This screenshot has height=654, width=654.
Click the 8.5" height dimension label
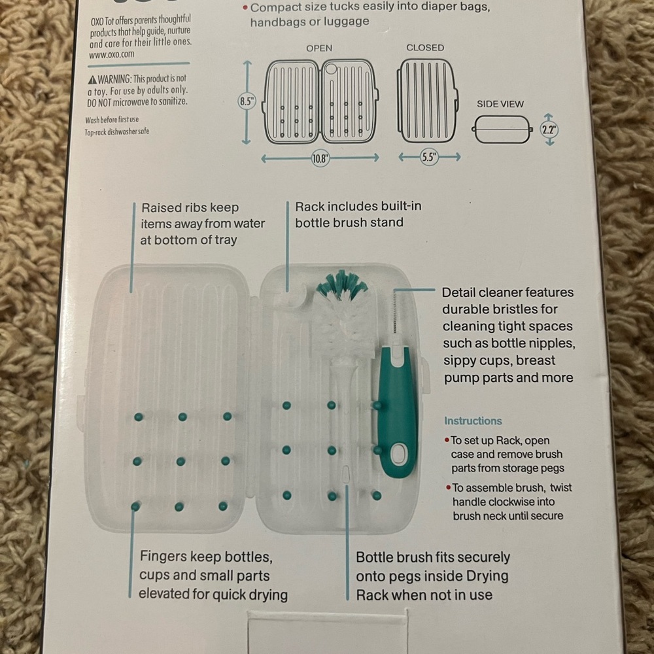pyautogui.click(x=247, y=102)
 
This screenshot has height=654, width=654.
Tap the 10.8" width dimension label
pyautogui.click(x=320, y=159)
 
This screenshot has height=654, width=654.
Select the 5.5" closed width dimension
pyautogui.click(x=430, y=158)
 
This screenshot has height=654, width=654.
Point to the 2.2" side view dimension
pyautogui.click(x=549, y=129)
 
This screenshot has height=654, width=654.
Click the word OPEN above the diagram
pyautogui.click(x=319, y=48)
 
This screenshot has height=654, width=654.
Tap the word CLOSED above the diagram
pyautogui.click(x=425, y=48)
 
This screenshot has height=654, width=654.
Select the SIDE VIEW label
pyautogui.click(x=500, y=104)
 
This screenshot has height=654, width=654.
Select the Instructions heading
pyautogui.click(x=473, y=421)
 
